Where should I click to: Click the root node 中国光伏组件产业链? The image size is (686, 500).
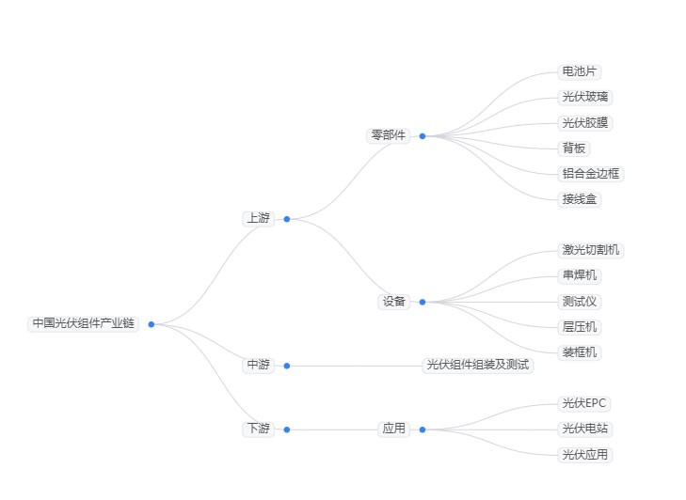pyautogui.click(x=84, y=323)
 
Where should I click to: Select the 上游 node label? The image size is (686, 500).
pyautogui.click(x=258, y=218)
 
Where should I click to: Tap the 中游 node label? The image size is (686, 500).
pyautogui.click(x=258, y=365)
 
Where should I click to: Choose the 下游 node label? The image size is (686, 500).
pyautogui.click(x=258, y=429)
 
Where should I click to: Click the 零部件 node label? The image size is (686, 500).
pyautogui.click(x=389, y=135)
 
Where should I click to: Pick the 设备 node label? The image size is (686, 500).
pyautogui.click(x=393, y=301)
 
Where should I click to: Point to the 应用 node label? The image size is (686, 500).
pyautogui.click(x=393, y=429)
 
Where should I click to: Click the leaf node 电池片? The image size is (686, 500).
pyautogui.click(x=579, y=71)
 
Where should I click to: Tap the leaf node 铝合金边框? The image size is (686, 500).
pyautogui.click(x=591, y=174)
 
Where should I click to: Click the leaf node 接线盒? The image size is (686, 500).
pyautogui.click(x=579, y=198)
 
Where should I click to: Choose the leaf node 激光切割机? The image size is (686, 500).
pyautogui.click(x=591, y=250)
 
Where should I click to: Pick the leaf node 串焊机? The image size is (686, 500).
pyautogui.click(x=579, y=275)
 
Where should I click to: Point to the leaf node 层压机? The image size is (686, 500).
pyautogui.click(x=579, y=327)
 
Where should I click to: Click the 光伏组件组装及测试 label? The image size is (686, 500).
pyautogui.click(x=478, y=365)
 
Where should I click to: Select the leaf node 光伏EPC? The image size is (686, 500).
pyautogui.click(x=584, y=403)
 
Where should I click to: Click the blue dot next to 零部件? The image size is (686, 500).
pyautogui.click(x=423, y=135)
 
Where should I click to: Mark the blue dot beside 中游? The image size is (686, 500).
pyautogui.click(x=287, y=366)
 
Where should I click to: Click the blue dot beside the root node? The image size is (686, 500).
pyautogui.click(x=152, y=324)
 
